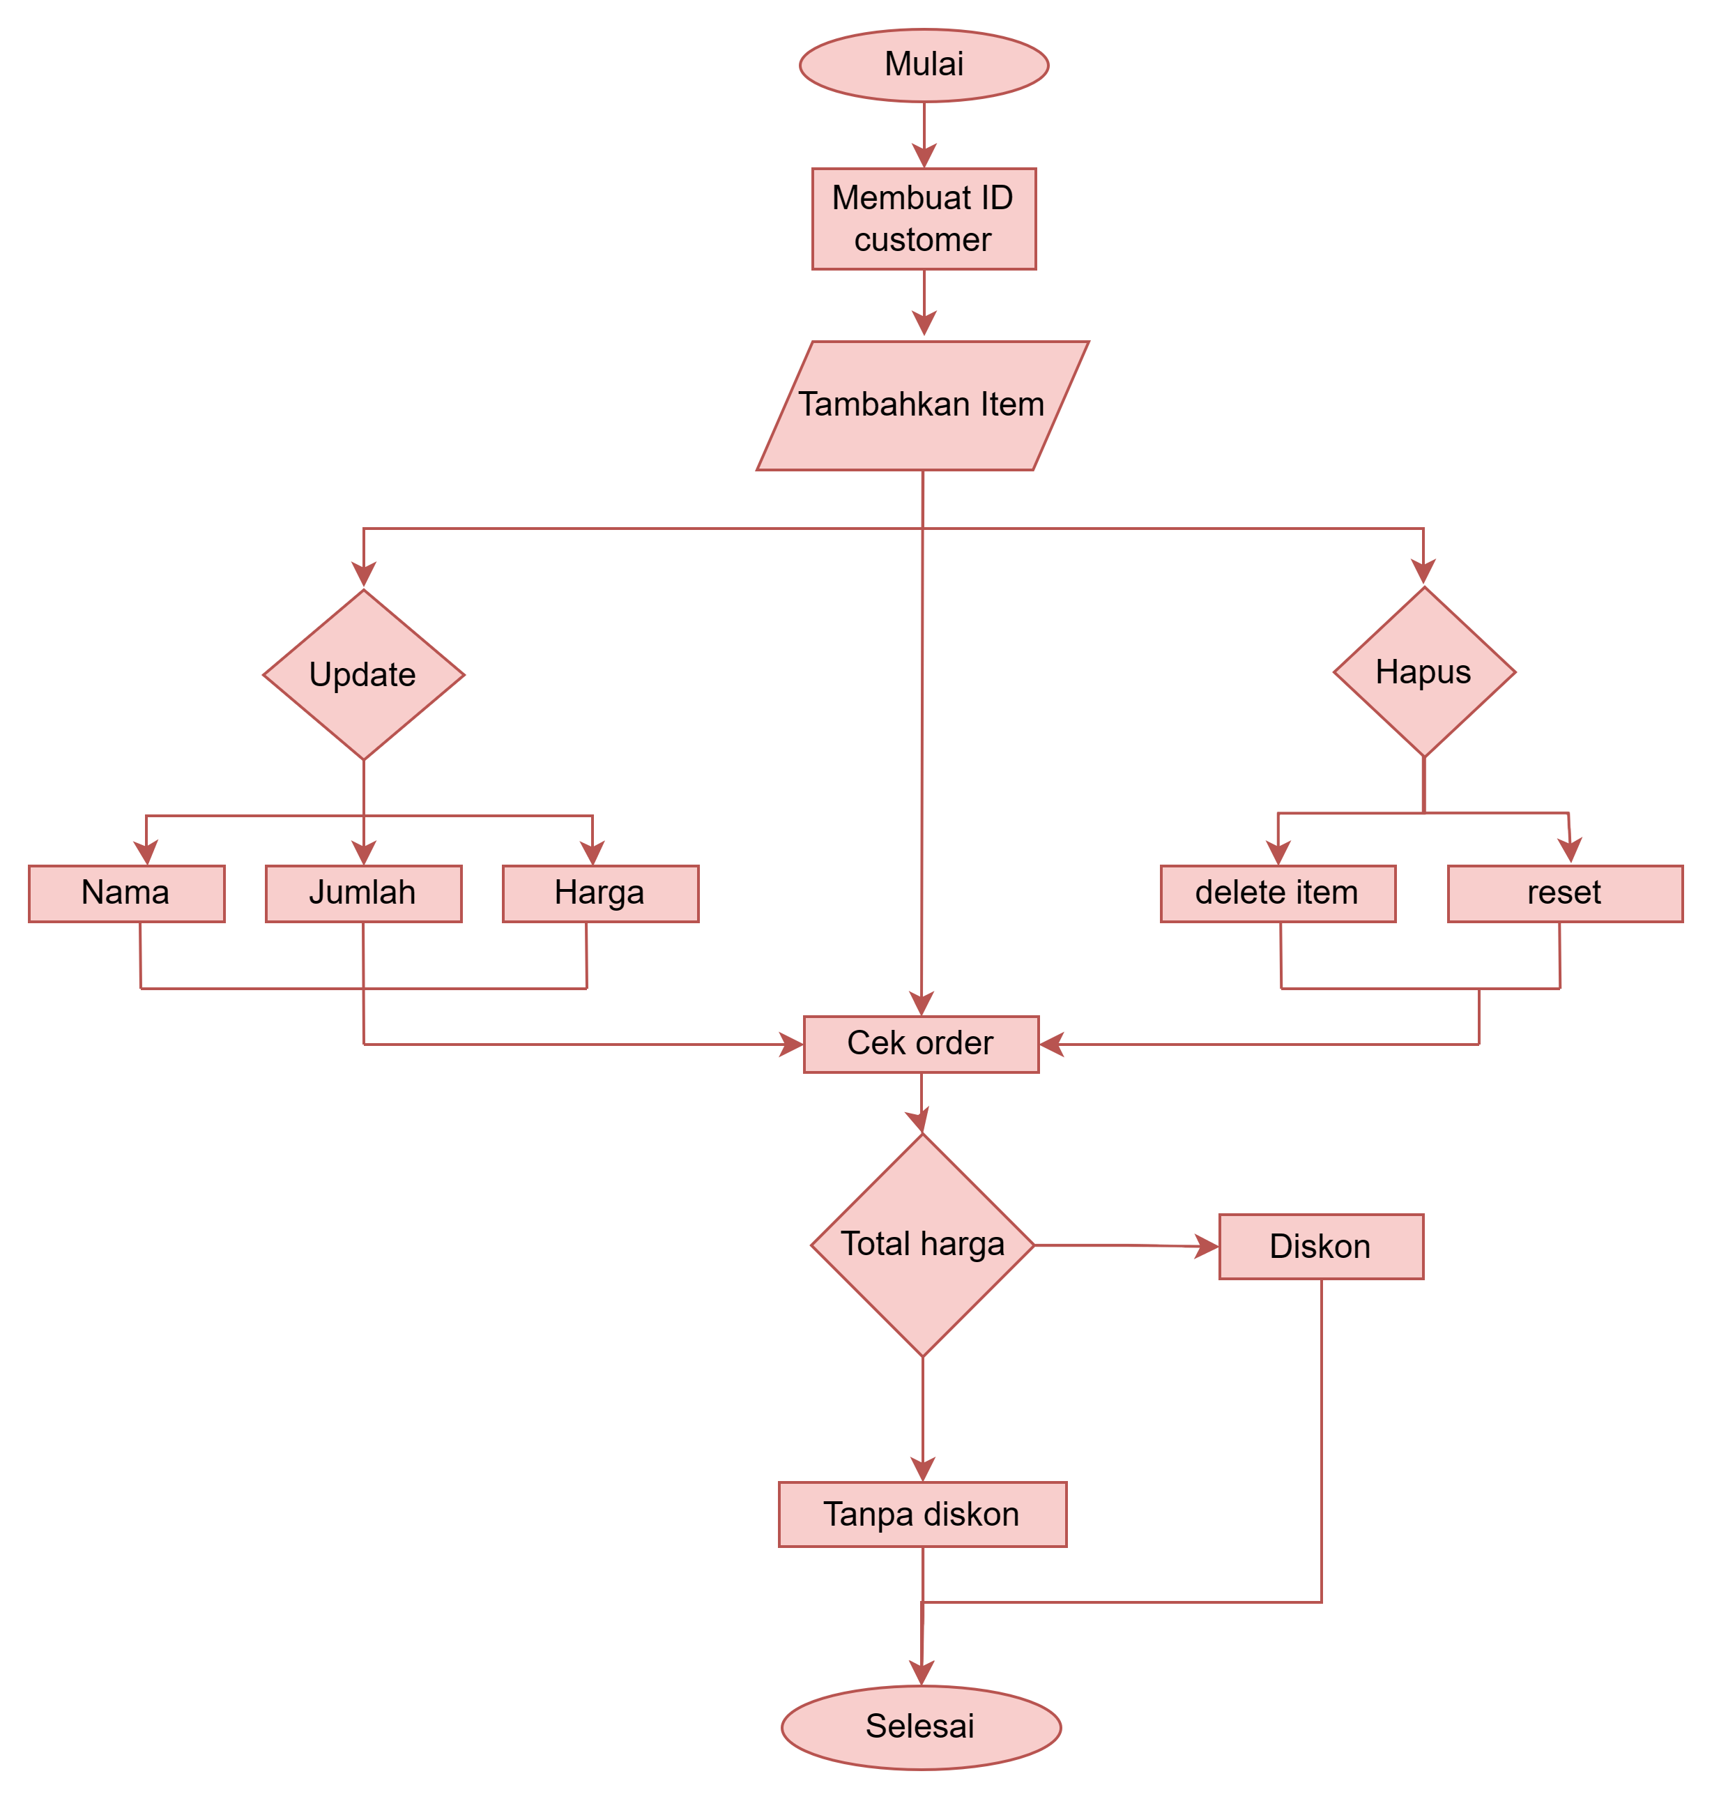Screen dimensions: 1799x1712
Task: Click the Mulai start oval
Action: point(924,65)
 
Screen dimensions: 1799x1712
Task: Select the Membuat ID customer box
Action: point(924,219)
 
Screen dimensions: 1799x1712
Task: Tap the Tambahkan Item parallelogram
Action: point(922,405)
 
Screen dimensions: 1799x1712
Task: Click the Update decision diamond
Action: point(363,674)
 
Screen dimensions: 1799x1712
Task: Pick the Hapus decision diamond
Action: point(1423,671)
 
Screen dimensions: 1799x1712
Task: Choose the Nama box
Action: point(126,893)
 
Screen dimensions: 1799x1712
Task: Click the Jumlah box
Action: point(363,893)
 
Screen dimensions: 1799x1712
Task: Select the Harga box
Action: point(600,893)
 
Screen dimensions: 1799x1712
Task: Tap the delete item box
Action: point(1278,893)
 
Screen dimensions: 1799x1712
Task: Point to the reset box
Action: point(1564,893)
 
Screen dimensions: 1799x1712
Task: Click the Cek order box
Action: point(921,1044)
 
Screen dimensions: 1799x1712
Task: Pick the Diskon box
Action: point(1320,1247)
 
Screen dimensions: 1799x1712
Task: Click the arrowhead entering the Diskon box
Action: point(1207,1247)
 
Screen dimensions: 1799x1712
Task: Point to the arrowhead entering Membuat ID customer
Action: point(924,156)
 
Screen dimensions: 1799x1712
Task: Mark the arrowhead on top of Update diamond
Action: point(363,575)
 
